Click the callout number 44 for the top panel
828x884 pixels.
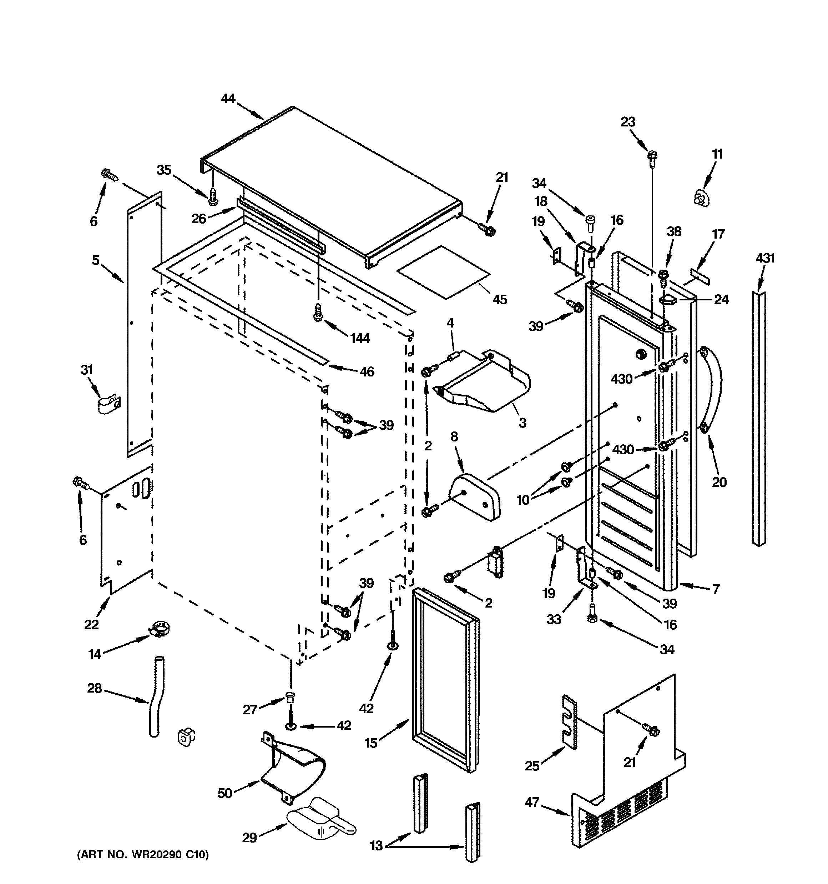point(228,98)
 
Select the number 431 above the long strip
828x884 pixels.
point(765,258)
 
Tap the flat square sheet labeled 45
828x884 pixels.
point(443,272)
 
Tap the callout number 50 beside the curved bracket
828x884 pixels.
point(225,793)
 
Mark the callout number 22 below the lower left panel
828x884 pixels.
point(92,624)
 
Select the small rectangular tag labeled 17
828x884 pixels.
point(700,276)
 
